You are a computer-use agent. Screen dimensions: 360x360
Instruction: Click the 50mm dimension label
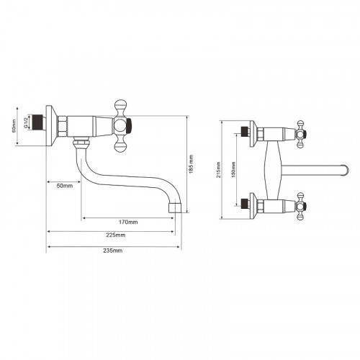[65, 186]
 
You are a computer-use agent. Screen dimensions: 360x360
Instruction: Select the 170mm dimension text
[128, 222]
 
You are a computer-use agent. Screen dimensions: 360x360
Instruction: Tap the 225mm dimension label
[116, 235]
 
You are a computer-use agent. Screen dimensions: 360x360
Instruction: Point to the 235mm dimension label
[113, 251]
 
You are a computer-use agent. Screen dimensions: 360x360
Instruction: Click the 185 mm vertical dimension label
[191, 164]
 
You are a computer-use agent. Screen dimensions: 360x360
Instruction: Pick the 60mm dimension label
[14, 126]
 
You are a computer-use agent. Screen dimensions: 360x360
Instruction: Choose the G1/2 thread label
[24, 122]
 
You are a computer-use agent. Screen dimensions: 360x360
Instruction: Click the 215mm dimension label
[218, 170]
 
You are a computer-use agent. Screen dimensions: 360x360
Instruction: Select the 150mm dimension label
[233, 170]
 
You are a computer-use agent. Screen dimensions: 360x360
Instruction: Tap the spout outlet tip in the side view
[175, 208]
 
